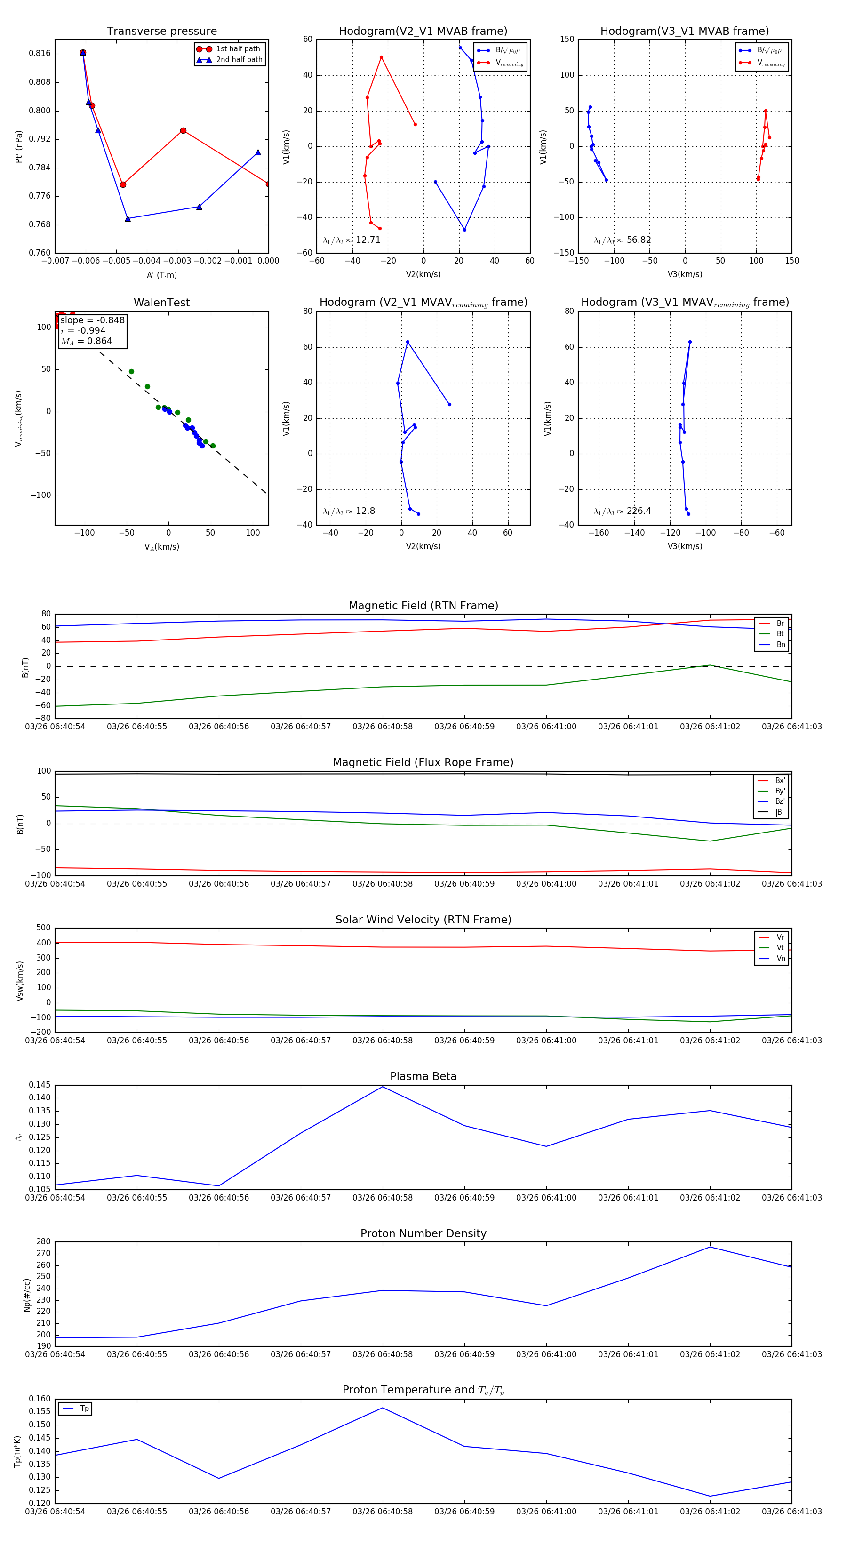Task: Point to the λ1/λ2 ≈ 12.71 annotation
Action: (x=352, y=240)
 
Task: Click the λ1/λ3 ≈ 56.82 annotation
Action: (x=622, y=240)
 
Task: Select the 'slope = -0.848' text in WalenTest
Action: (x=92, y=320)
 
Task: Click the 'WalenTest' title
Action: (x=161, y=303)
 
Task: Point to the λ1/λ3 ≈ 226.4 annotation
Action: (x=622, y=511)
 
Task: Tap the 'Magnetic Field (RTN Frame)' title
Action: (x=423, y=606)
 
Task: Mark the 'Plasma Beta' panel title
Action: (x=423, y=1076)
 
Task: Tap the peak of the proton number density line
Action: (x=710, y=1247)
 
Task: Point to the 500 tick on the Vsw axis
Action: (x=43, y=928)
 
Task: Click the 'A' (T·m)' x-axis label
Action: (x=161, y=275)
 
